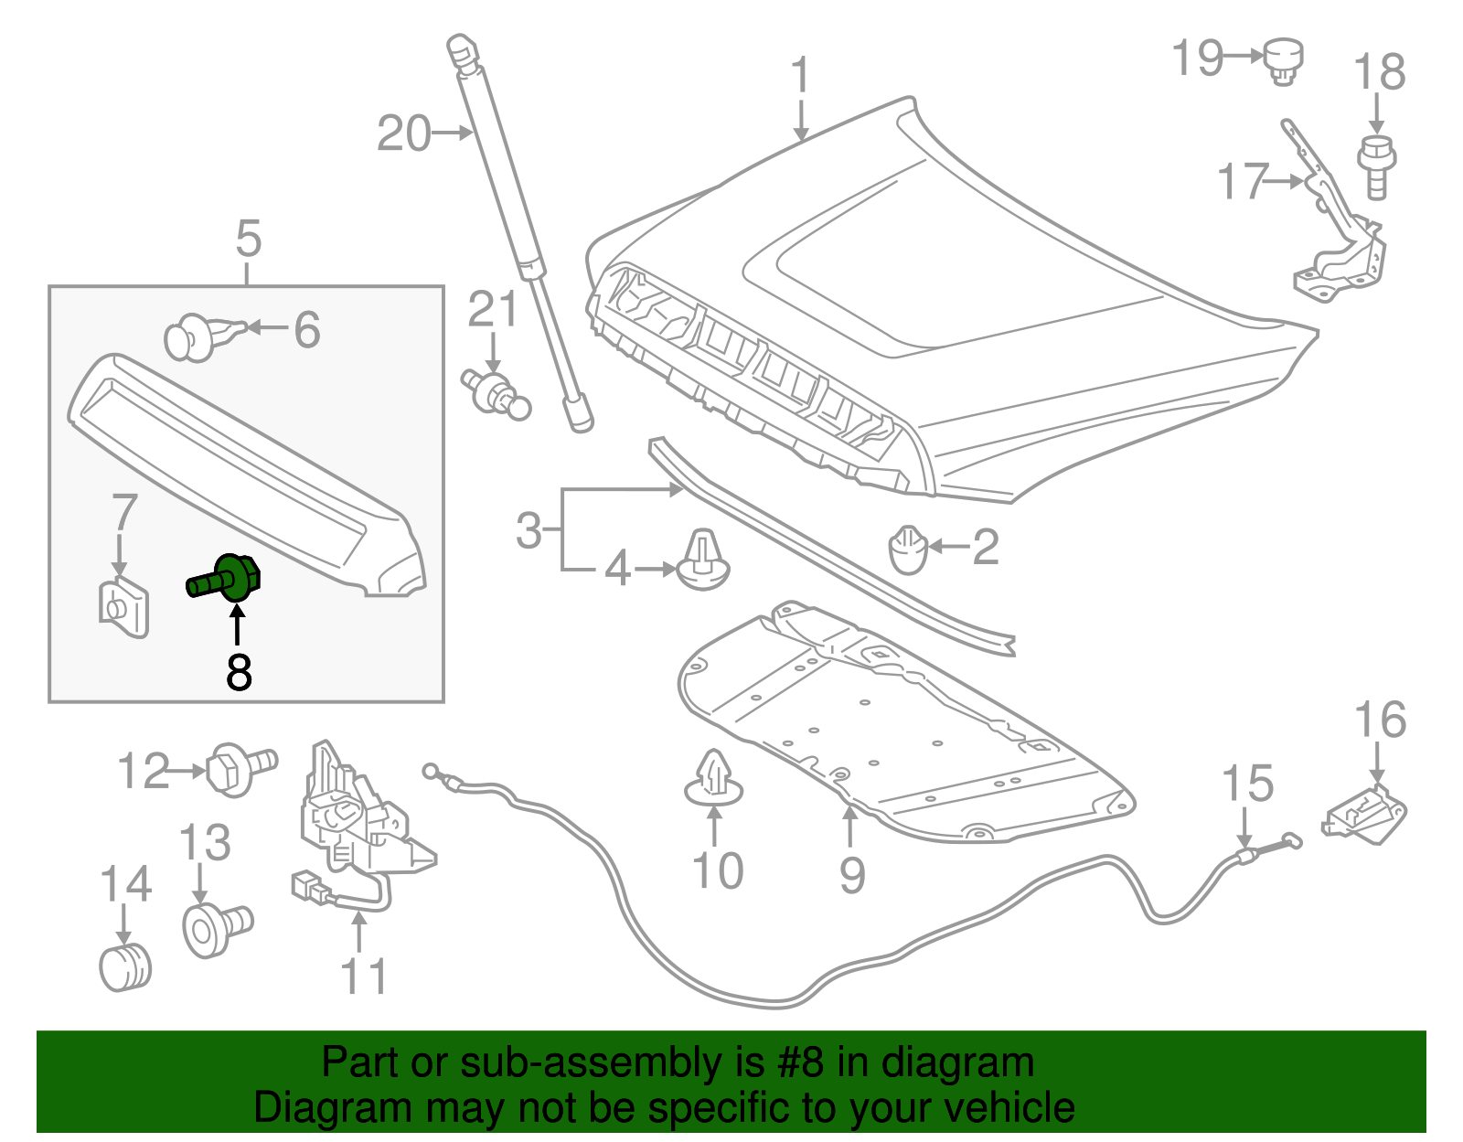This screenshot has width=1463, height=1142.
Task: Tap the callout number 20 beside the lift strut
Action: [x=403, y=133]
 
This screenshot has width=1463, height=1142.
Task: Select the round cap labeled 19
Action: [x=1284, y=61]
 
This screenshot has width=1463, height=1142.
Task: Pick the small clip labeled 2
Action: [x=908, y=550]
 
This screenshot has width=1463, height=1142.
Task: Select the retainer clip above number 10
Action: [x=714, y=778]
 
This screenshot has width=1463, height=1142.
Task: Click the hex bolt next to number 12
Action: [x=238, y=769]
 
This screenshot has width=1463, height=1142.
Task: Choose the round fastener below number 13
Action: [x=215, y=928]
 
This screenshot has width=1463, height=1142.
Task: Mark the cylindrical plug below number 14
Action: [x=125, y=969]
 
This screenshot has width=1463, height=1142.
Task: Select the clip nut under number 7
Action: [x=123, y=606]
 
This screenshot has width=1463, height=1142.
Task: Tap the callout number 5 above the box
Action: [x=248, y=239]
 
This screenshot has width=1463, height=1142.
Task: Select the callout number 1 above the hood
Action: [x=800, y=75]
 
